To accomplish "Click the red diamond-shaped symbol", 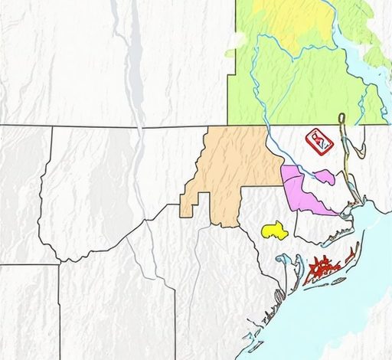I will [318, 141].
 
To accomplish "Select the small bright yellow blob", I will [274, 230].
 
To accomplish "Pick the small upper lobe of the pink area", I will [325, 176].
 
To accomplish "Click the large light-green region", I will [306, 84].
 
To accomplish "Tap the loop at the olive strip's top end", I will [342, 118].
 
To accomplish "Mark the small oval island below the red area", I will [337, 281].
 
